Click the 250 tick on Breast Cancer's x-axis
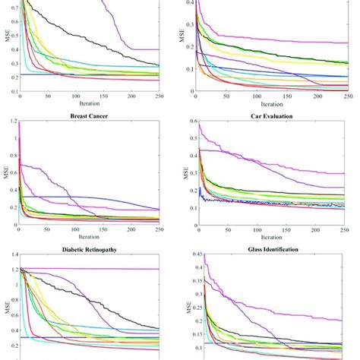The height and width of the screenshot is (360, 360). tap(159, 229)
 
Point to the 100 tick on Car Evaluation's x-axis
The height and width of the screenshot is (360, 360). tap(256, 229)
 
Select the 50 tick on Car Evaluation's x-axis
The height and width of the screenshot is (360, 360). tap(226, 229)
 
